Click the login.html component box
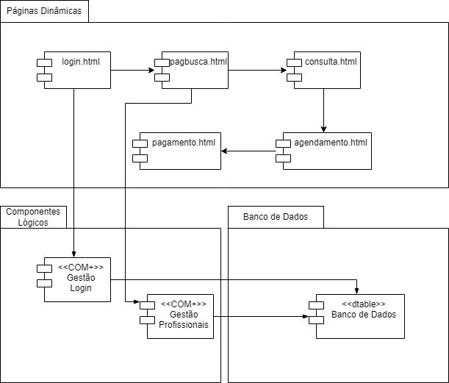click(77, 71)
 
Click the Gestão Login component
click(77, 279)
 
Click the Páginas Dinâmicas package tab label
click(44, 12)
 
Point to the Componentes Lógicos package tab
click(33, 217)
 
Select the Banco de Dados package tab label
click(276, 217)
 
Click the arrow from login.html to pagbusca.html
click(132, 71)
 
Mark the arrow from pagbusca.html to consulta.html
click(257, 71)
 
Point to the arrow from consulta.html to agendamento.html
click(323, 110)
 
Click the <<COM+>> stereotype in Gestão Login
click(81, 268)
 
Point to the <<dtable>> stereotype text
click(364, 304)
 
